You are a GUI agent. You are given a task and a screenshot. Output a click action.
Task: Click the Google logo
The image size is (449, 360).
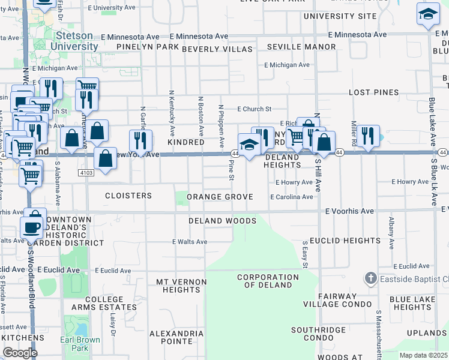(x=20, y=353)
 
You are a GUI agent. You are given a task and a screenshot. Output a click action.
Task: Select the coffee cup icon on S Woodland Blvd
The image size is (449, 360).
(x=31, y=227)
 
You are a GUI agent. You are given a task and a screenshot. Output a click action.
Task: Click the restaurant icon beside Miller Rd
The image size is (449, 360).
(x=367, y=136)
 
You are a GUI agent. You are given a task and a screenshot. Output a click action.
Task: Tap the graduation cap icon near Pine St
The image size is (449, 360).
(x=249, y=145)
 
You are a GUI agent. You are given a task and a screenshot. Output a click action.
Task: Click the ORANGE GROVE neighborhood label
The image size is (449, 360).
(x=219, y=197)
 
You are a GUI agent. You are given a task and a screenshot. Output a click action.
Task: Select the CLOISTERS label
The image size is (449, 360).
(x=128, y=196)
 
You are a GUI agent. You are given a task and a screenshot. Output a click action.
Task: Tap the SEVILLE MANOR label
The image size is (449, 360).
(x=301, y=47)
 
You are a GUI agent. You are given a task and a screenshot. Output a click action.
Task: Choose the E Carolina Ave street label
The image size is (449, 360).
(x=292, y=197)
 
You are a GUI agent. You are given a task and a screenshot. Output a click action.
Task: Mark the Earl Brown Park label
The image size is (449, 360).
(x=80, y=344)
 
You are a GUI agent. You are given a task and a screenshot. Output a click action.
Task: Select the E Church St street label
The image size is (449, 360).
(x=254, y=109)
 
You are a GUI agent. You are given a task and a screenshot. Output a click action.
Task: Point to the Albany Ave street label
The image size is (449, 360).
(x=391, y=233)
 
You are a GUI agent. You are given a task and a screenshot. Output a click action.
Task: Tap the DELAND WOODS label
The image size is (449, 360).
(x=222, y=221)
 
